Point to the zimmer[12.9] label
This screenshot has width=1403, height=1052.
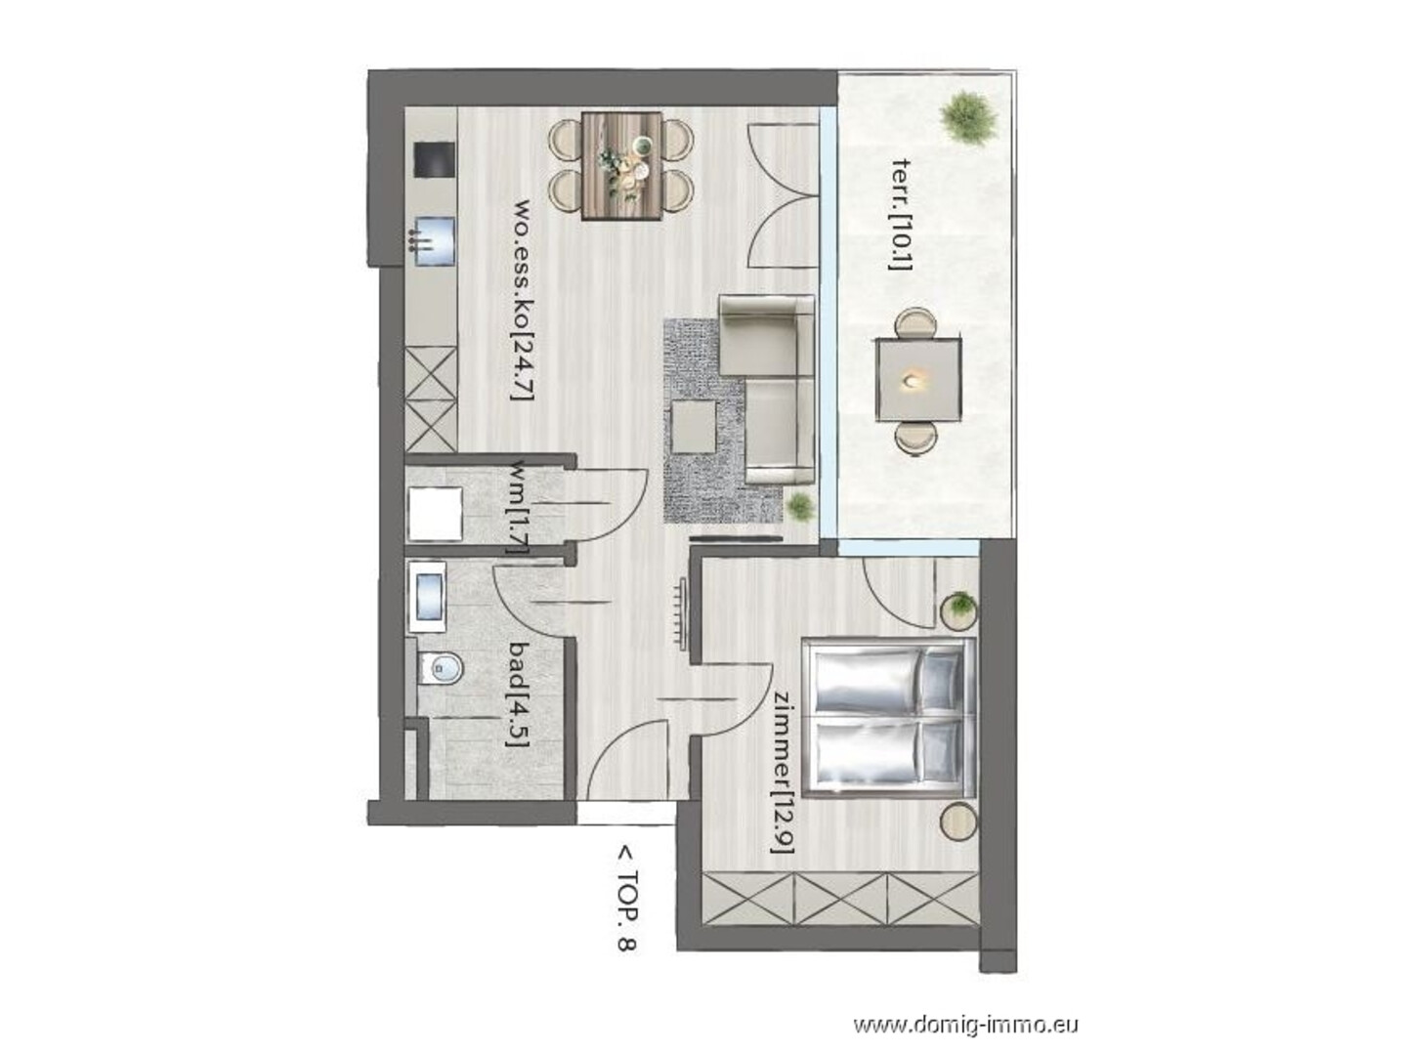pos(784,774)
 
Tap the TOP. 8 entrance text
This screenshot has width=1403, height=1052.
pos(626,900)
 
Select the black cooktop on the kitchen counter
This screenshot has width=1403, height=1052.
pos(434,159)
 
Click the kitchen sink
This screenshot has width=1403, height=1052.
pos(434,241)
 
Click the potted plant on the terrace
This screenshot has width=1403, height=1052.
pos(969,119)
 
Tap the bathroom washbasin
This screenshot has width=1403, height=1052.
pos(429,597)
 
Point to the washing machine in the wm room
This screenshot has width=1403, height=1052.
pos(435,514)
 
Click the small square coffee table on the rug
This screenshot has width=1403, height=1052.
pos(693,427)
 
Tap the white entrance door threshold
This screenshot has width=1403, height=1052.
pos(625,815)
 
